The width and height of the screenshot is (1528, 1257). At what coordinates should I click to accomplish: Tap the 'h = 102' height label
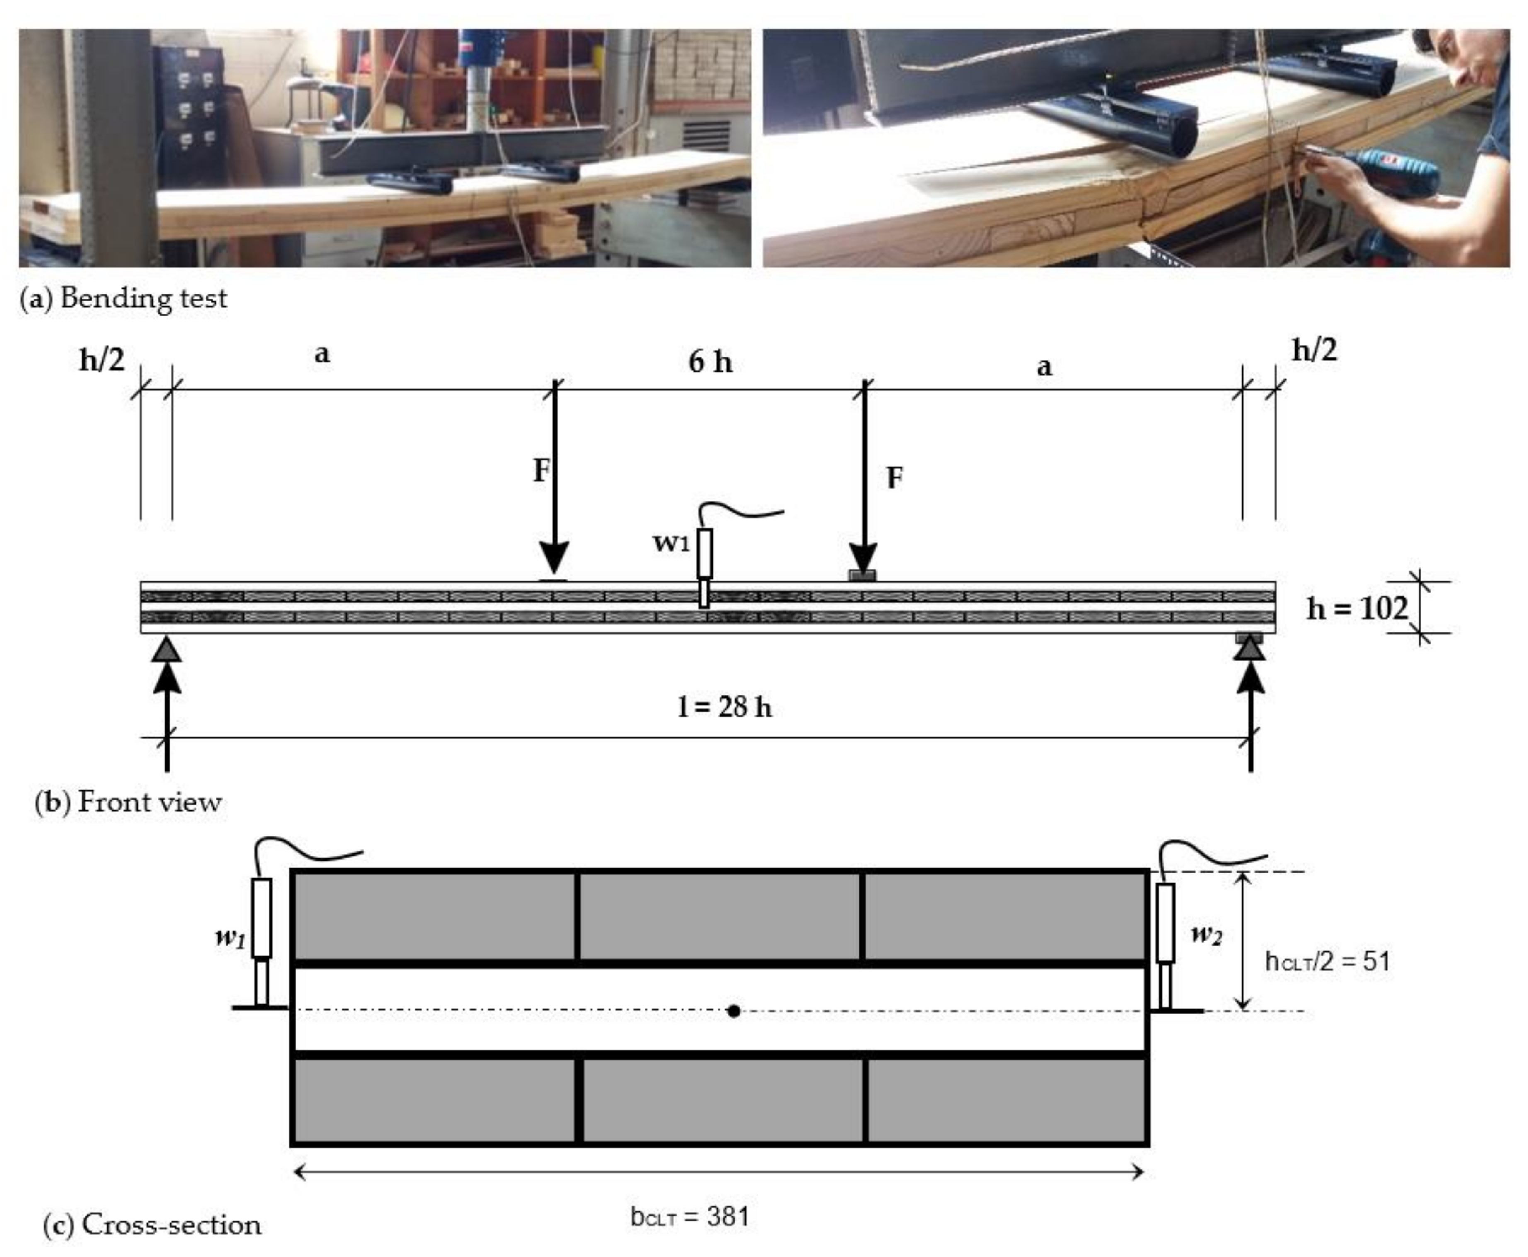tap(1357, 608)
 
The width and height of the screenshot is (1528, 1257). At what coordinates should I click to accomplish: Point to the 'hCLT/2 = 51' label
tap(1327, 962)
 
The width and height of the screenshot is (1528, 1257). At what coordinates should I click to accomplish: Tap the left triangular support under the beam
tap(167, 649)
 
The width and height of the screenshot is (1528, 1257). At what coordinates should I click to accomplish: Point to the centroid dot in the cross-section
tap(733, 1011)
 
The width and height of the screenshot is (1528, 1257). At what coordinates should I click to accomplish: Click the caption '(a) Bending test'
tap(123, 298)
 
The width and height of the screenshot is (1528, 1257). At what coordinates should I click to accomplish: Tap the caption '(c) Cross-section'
tap(153, 1224)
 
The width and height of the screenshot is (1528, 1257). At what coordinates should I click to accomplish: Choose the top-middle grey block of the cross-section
tap(720, 917)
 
